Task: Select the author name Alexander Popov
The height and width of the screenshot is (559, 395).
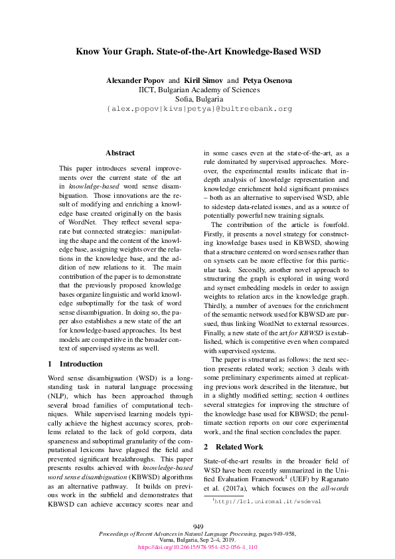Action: click(135, 80)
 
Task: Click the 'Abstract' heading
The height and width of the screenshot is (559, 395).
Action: click(119, 153)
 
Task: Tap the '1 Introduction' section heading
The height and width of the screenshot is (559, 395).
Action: click(76, 364)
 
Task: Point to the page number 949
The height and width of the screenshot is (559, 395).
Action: click(197, 526)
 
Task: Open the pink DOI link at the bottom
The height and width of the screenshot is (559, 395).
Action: click(197, 547)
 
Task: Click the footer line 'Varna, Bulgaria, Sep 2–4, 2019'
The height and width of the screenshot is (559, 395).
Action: click(197, 540)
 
